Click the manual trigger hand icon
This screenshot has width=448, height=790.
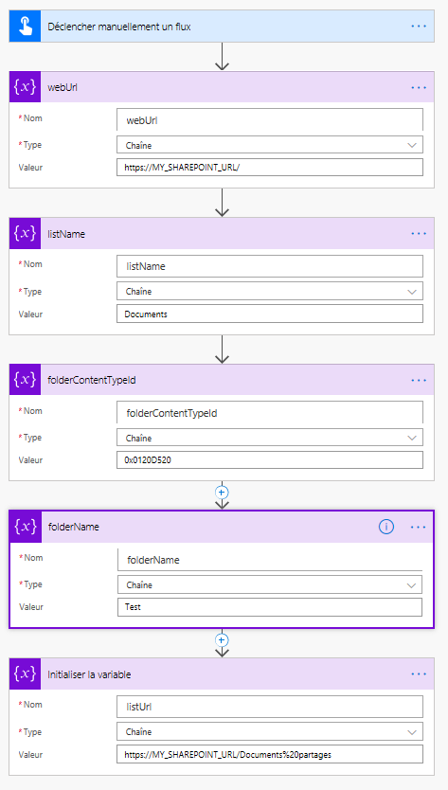click(x=25, y=27)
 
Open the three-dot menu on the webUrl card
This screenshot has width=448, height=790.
click(x=419, y=87)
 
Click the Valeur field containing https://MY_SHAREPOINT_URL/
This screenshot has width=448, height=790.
click(x=270, y=168)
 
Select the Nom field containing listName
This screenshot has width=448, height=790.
click(x=270, y=266)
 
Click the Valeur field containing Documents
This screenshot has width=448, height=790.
click(x=270, y=314)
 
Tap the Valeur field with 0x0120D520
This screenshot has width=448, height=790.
click(x=270, y=460)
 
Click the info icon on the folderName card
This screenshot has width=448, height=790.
click(x=386, y=527)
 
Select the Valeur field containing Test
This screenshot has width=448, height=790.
click(x=270, y=607)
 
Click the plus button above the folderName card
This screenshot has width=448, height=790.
click(x=222, y=492)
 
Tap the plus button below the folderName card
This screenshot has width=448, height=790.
click(x=222, y=639)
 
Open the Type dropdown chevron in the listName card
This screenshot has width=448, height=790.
click(x=412, y=292)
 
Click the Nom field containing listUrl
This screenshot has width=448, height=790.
click(x=270, y=707)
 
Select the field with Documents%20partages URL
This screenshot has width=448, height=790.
click(x=270, y=755)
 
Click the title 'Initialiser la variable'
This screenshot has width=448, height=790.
click(x=89, y=674)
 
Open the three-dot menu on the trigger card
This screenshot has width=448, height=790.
click(x=419, y=27)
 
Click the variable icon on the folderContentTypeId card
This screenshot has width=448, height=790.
click(x=25, y=380)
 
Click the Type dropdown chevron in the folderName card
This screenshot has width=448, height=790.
click(x=412, y=585)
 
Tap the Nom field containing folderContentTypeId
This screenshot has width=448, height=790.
click(x=270, y=413)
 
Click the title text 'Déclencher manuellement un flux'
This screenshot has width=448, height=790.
click(x=119, y=27)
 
